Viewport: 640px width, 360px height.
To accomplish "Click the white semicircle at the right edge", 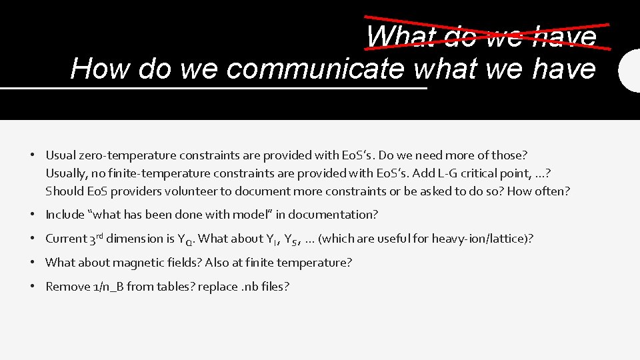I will [x=630, y=70].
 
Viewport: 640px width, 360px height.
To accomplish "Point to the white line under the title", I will [x=213, y=88].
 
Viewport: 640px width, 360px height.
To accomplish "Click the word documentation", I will [x=335, y=215].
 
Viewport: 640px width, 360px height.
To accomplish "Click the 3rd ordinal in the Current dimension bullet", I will [x=96, y=238].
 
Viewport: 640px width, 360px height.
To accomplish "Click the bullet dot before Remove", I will [x=33, y=287].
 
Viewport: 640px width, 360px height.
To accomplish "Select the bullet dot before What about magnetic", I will [x=33, y=263].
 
